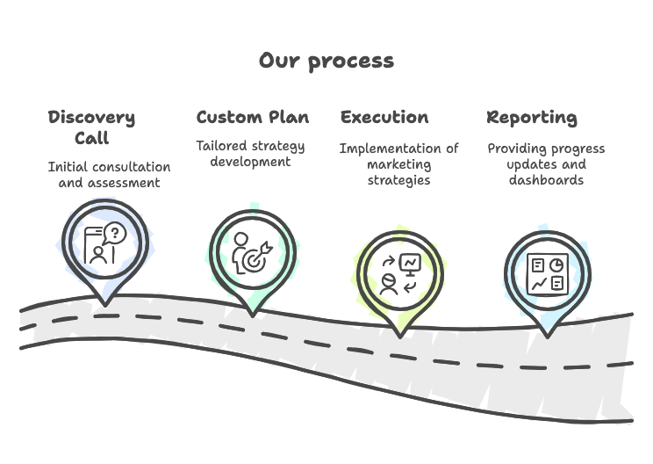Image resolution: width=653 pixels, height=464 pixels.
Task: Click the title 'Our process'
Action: point(326,61)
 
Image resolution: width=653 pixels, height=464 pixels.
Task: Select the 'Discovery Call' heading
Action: point(91,127)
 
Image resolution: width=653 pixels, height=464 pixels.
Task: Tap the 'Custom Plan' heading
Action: point(253,118)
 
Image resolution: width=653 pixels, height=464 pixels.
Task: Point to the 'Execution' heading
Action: point(384,118)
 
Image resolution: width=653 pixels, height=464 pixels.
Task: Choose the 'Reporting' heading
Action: point(532,118)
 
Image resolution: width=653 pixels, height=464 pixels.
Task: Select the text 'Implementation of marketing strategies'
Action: point(398,164)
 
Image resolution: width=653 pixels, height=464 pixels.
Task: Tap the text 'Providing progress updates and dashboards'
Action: point(546,164)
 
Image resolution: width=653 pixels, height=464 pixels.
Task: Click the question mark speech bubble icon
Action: point(115,234)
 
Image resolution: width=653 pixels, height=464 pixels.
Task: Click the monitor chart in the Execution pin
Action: point(409,262)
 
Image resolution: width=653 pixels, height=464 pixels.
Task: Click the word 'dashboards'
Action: point(546,180)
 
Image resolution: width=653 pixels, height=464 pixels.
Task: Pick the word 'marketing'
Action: point(399,164)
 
